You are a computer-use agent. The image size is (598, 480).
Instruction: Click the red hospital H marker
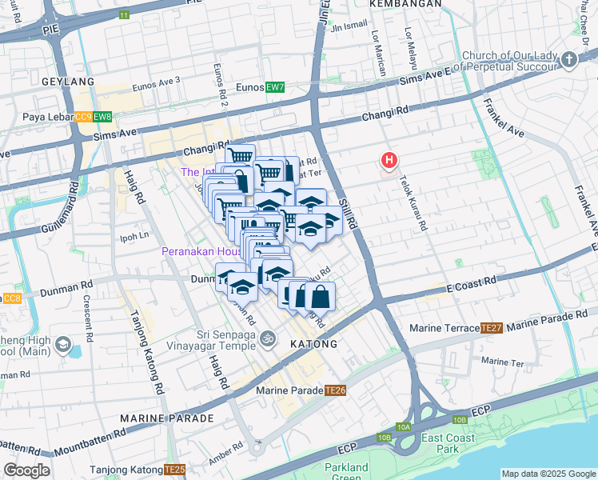point(389,162)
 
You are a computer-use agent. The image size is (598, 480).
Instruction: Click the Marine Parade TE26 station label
point(301,390)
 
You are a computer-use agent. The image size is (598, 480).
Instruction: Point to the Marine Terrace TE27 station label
point(456,328)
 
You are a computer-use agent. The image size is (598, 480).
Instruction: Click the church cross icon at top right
point(568,59)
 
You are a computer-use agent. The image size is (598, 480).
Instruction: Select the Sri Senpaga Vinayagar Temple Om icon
point(269,339)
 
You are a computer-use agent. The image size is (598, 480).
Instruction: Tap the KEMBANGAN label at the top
point(408,4)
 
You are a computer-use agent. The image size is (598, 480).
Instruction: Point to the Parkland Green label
point(346,473)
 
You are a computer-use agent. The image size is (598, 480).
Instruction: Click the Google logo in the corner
point(26,470)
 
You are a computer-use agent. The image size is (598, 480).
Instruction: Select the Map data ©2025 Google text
point(548,474)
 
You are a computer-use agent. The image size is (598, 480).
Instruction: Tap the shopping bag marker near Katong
point(320,297)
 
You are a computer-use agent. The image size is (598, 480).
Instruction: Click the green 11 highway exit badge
point(123,15)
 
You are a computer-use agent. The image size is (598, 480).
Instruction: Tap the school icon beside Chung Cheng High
point(62,346)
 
